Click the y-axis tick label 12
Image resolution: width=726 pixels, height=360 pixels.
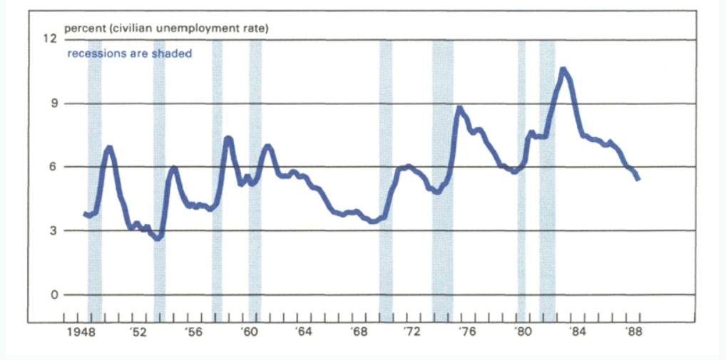pyautogui.click(x=48, y=38)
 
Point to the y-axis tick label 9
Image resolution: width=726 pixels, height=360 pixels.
pyautogui.click(x=51, y=103)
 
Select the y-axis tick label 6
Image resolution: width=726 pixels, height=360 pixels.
pyautogui.click(x=51, y=167)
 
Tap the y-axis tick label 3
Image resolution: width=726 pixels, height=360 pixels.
pyautogui.click(x=51, y=231)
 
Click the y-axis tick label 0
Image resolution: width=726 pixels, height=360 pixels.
pyautogui.click(x=51, y=294)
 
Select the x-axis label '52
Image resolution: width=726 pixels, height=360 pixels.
pyautogui.click(x=138, y=331)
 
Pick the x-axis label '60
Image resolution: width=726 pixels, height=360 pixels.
pyautogui.click(x=248, y=331)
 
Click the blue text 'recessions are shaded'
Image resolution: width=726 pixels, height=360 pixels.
pyautogui.click(x=129, y=53)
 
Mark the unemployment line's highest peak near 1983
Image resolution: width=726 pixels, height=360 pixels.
pyautogui.click(x=563, y=69)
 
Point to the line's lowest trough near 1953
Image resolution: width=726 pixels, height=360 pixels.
pyautogui.click(x=158, y=238)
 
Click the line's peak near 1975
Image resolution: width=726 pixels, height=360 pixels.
pyautogui.click(x=459, y=108)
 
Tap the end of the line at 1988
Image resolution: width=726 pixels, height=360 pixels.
pyautogui.click(x=638, y=178)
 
